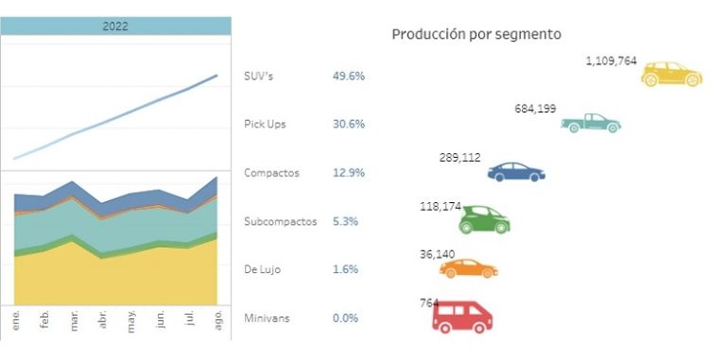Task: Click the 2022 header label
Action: pyautogui.click(x=115, y=26)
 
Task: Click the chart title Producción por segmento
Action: pyautogui.click(x=476, y=34)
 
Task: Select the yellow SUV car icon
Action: pyautogui.click(x=671, y=75)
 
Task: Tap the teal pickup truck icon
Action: pyautogui.click(x=591, y=123)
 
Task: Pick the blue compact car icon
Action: pyautogui.click(x=516, y=172)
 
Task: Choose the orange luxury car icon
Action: pyautogui.click(x=468, y=268)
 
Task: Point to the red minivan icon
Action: pyautogui.click(x=460, y=317)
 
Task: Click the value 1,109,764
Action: pyautogui.click(x=611, y=60)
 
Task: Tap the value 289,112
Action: pyautogui.click(x=463, y=157)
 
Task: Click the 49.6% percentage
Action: pyautogui.click(x=348, y=76)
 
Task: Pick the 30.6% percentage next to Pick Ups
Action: pyautogui.click(x=348, y=124)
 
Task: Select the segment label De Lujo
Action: pyautogui.click(x=263, y=269)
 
